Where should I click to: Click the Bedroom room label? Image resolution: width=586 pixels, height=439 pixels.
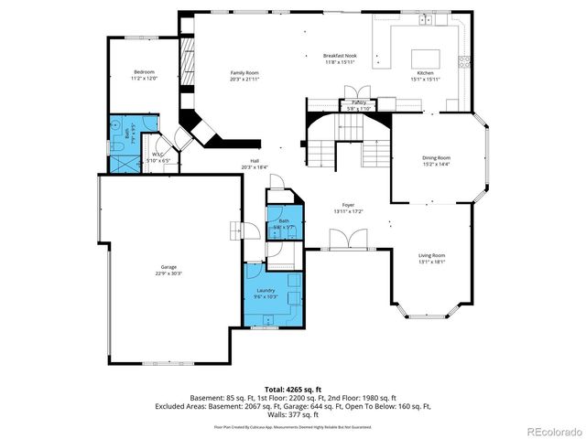(x=144, y=71)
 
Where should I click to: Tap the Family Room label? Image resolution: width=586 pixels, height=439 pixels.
(x=244, y=72)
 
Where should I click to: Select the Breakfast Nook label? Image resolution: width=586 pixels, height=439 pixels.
(x=339, y=57)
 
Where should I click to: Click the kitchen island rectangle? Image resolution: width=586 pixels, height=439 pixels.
(x=426, y=58)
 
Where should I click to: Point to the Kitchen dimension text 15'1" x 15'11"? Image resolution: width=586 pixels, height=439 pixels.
(x=426, y=80)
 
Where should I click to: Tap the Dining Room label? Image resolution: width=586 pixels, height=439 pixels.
(x=436, y=157)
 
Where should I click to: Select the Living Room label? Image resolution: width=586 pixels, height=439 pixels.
(x=432, y=254)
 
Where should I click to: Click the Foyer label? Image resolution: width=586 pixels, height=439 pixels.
(x=348, y=205)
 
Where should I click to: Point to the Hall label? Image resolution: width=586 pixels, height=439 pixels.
(x=255, y=161)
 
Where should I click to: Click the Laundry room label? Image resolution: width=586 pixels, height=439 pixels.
(x=266, y=290)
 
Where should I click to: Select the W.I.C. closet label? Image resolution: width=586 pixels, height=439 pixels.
(x=159, y=154)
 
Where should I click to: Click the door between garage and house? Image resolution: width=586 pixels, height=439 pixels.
(x=239, y=231)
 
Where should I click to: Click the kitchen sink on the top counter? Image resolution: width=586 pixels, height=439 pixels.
(x=426, y=20)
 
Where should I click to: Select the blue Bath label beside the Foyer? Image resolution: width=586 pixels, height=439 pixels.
(x=284, y=220)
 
